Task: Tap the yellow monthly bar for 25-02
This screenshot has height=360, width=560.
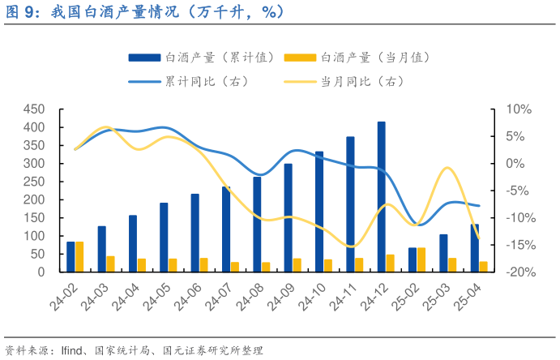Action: click(x=421, y=259)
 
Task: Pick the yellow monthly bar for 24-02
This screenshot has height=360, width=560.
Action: click(x=79, y=256)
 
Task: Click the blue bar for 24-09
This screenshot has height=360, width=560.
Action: click(x=288, y=217)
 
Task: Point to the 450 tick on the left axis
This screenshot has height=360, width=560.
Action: click(x=33, y=109)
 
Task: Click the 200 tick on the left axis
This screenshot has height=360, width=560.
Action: click(x=33, y=199)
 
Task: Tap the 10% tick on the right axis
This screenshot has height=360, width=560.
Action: click(x=518, y=109)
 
